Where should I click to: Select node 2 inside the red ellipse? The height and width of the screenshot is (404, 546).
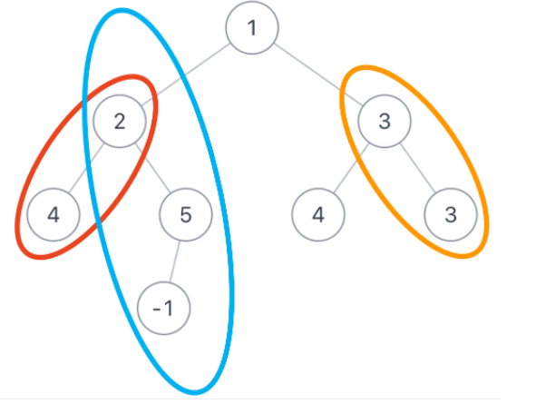[120, 121]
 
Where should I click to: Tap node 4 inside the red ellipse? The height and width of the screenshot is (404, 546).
[53, 215]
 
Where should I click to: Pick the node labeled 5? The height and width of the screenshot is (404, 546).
[186, 215]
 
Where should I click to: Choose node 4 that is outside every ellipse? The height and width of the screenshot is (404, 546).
[318, 215]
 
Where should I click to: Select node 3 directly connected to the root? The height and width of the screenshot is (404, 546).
[385, 121]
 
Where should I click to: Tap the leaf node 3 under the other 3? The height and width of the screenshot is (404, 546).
[451, 215]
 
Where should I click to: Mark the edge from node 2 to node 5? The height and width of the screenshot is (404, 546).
[152, 167]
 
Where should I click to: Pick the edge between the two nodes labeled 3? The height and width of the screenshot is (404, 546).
[417, 167]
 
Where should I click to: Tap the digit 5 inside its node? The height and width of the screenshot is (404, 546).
[186, 215]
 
